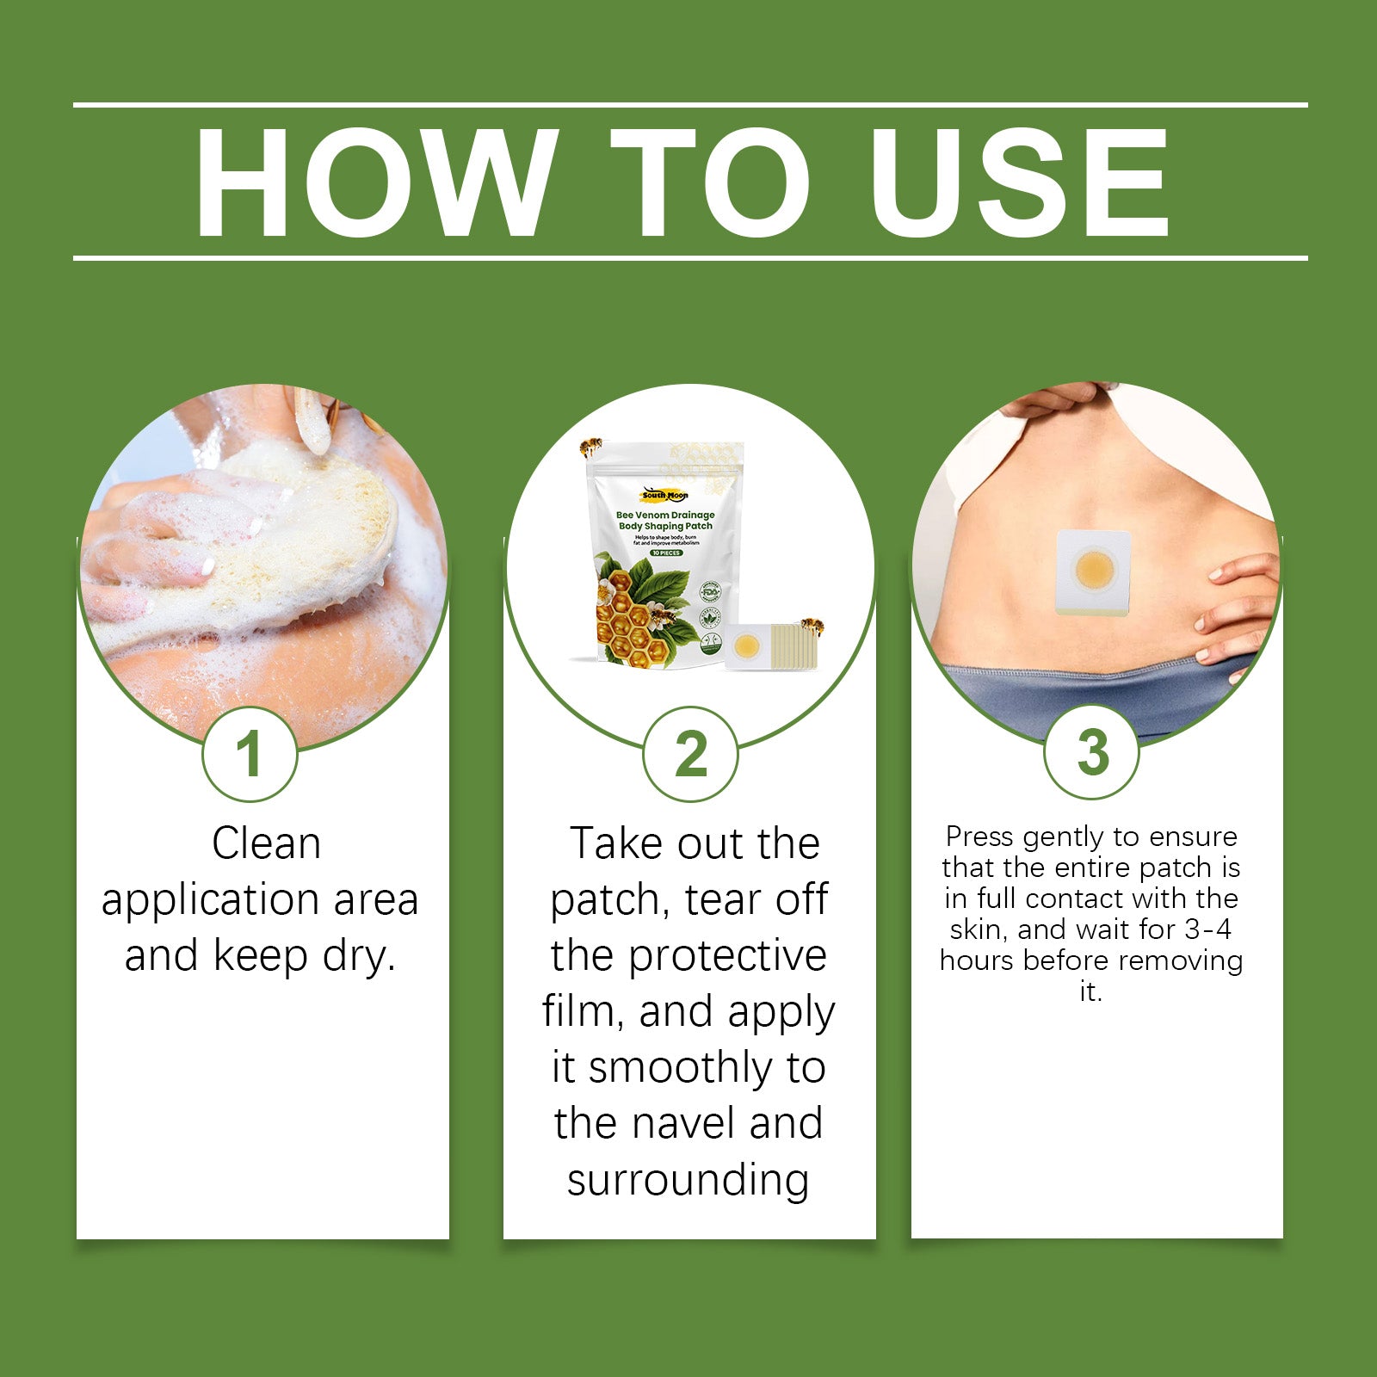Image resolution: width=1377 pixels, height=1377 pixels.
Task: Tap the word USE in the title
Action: tap(1019, 182)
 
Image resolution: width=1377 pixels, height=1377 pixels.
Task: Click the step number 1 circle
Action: tap(250, 755)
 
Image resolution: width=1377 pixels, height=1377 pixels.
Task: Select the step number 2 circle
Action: tap(690, 755)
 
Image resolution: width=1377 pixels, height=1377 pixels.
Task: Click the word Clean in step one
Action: tap(266, 843)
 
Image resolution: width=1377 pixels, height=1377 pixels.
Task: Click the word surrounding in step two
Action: tap(688, 1180)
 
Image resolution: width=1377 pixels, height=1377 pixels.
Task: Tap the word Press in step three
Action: tap(979, 837)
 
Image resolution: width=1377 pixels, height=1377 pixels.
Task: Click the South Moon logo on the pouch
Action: tap(664, 495)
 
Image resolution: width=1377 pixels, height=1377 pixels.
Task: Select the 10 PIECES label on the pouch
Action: tap(666, 553)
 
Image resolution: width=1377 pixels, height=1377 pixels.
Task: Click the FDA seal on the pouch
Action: tap(710, 593)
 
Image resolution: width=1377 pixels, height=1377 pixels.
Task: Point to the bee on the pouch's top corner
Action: tap(591, 447)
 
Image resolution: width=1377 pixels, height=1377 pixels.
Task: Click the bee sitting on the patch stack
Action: tap(812, 626)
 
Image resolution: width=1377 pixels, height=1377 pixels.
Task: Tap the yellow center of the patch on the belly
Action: tap(1095, 569)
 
